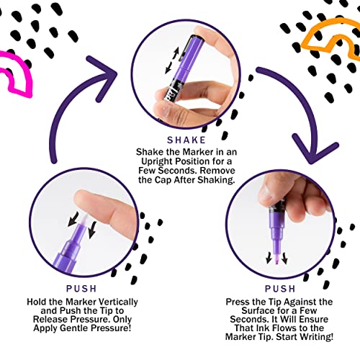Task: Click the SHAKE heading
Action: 186,140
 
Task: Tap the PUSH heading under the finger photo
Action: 81,289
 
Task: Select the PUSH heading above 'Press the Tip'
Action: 280,289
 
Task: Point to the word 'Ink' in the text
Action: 264,328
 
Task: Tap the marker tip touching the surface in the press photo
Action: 276,261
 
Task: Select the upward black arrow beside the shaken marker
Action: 176,53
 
